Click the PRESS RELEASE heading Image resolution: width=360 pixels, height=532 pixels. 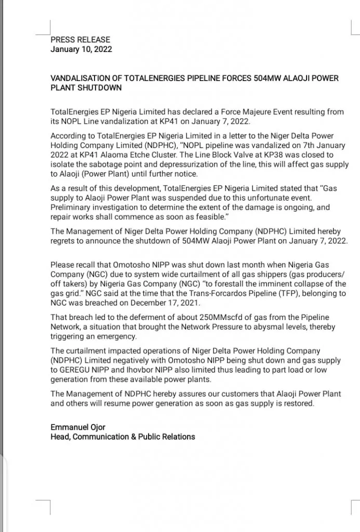[80, 39]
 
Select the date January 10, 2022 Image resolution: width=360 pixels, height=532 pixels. [81, 49]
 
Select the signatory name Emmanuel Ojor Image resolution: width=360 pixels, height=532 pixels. [78, 427]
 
